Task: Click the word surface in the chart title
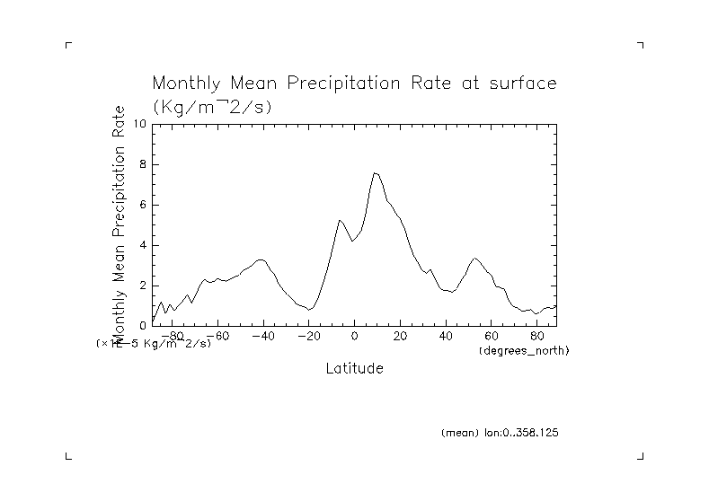click(x=522, y=84)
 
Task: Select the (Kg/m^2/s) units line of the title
click(x=212, y=106)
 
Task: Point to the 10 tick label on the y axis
click(x=139, y=124)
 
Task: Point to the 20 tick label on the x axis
click(x=400, y=336)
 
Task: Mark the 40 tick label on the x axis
click(x=446, y=336)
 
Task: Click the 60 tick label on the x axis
click(x=491, y=336)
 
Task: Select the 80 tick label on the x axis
click(x=536, y=336)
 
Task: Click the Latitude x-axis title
click(x=354, y=368)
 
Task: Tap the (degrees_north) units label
click(x=524, y=349)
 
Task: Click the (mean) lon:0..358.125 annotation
click(x=500, y=433)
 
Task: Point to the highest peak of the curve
click(x=375, y=172)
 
